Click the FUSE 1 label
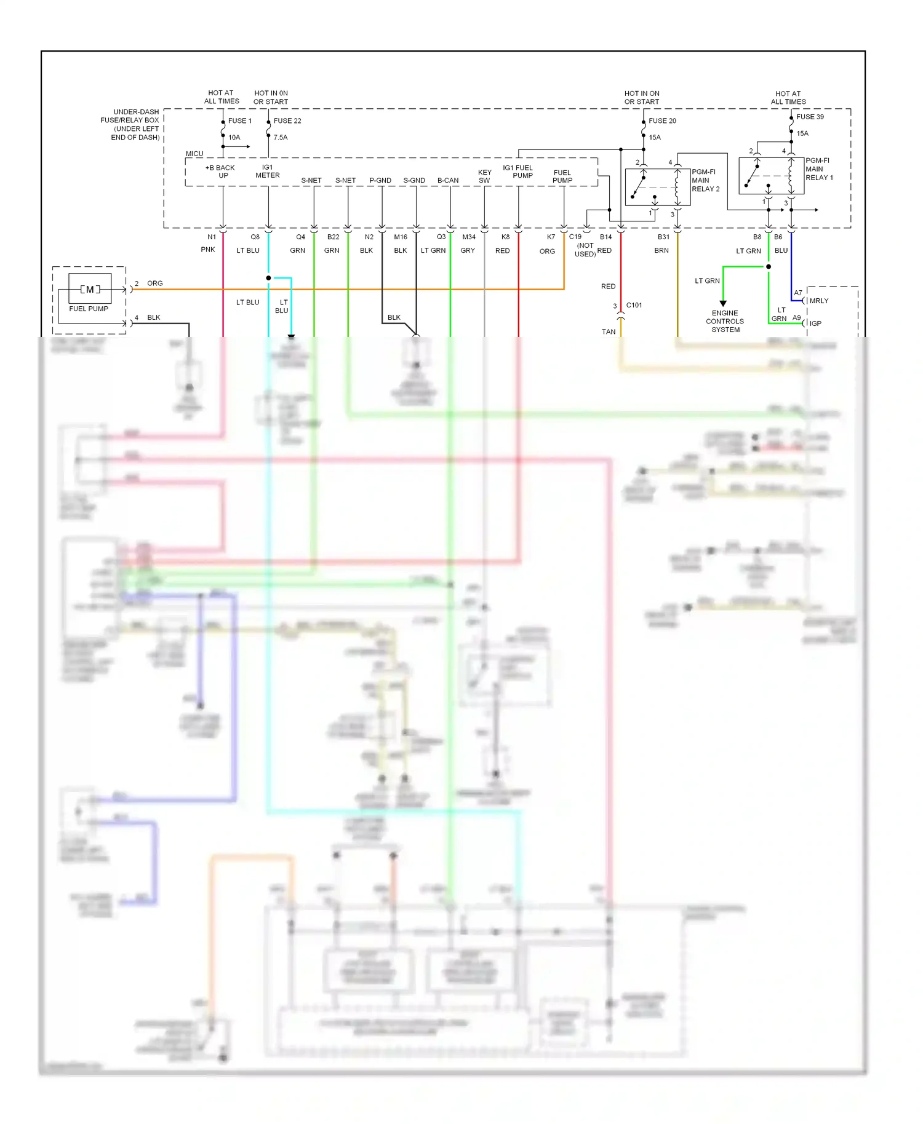coord(240,121)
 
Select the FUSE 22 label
coord(287,121)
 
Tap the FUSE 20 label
coord(662,121)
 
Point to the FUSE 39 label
coord(810,117)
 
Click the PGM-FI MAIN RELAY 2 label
coord(705,181)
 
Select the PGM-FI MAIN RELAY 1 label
coord(818,169)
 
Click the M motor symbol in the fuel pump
coord(90,290)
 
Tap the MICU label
coord(194,154)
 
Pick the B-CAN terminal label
coord(448,181)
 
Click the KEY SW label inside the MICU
coord(485,176)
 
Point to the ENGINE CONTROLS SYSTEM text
coord(725,322)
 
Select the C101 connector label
coord(634,306)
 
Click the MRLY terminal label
coord(819,301)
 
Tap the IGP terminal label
coord(815,323)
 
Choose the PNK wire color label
coord(208,250)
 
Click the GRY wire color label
coord(468,251)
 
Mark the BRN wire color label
coord(661,251)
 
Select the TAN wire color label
coord(609,332)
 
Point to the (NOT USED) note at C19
coord(585,250)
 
